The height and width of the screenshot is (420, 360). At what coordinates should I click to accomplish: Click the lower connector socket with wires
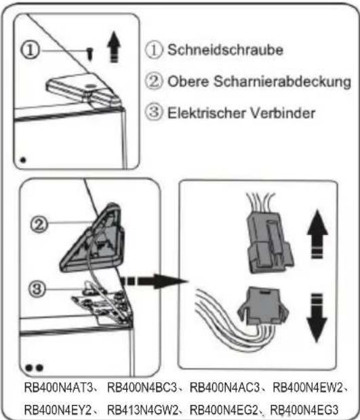pos(265,311)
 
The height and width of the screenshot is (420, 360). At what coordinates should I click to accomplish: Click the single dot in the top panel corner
pos(25,161)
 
